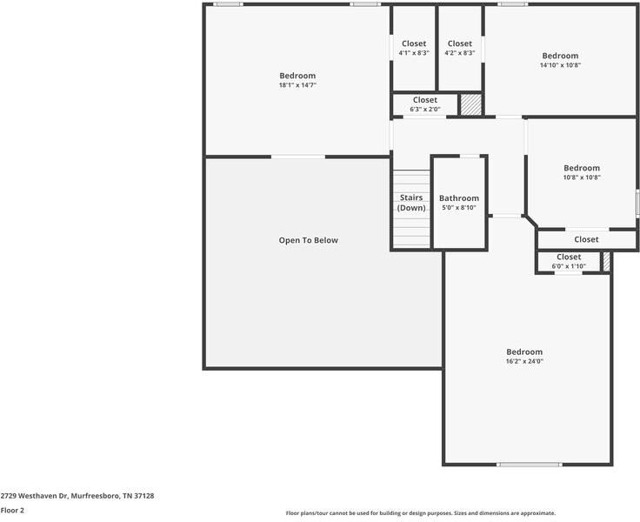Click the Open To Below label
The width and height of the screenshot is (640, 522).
pyautogui.click(x=308, y=240)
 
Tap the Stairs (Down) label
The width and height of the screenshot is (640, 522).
pyautogui.click(x=411, y=204)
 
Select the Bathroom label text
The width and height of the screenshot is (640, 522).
pyautogui.click(x=458, y=198)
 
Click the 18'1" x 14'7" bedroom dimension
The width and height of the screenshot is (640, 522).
pyautogui.click(x=297, y=85)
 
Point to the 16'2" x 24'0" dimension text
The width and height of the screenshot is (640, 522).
pyautogui.click(x=524, y=362)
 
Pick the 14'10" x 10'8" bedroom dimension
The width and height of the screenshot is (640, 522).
pyautogui.click(x=560, y=65)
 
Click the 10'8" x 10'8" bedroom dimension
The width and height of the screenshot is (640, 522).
pyautogui.click(x=582, y=177)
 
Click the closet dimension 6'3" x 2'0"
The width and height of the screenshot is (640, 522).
pyautogui.click(x=425, y=110)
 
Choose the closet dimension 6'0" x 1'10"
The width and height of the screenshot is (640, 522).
pyautogui.click(x=568, y=266)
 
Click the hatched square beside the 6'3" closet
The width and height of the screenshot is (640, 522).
pyautogui.click(x=470, y=104)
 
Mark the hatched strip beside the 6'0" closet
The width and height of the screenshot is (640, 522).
pyautogui.click(x=607, y=261)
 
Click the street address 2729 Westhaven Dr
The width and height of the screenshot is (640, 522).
pyautogui.click(x=77, y=496)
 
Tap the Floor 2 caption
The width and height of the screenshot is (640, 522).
pyautogui.click(x=12, y=511)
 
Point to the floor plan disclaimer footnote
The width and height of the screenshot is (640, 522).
pyautogui.click(x=420, y=513)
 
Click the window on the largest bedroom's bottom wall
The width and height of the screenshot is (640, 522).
pyautogui.click(x=529, y=465)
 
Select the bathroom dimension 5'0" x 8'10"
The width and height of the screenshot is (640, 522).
pyautogui.click(x=458, y=208)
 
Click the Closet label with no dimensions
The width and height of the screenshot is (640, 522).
pyautogui.click(x=586, y=239)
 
